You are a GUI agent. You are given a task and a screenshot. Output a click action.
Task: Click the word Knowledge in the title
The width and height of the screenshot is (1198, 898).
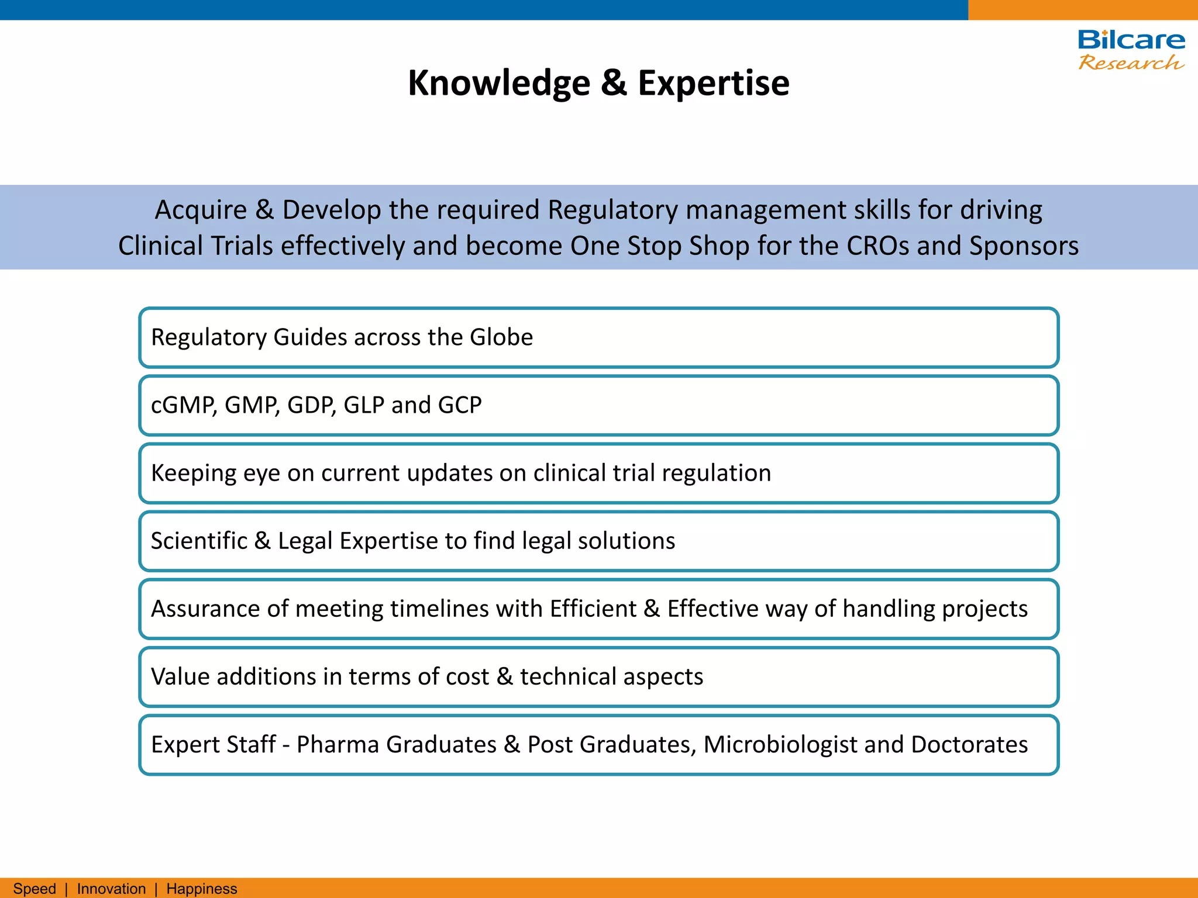click(x=498, y=84)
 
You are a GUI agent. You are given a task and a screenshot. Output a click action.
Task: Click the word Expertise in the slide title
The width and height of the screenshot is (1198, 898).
click(x=713, y=84)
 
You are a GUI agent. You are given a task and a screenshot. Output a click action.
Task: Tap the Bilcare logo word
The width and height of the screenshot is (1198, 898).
click(x=1131, y=40)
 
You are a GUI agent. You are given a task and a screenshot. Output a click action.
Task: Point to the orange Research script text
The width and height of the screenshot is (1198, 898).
click(x=1131, y=62)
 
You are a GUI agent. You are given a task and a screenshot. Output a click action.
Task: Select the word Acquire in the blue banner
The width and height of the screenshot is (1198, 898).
click(x=201, y=210)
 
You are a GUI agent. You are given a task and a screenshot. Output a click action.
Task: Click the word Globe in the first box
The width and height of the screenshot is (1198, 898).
click(x=501, y=337)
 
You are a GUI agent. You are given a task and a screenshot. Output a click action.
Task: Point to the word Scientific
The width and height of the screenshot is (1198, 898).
click(x=199, y=541)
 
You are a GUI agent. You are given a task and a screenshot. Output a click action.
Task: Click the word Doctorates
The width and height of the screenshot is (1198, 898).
click(x=969, y=745)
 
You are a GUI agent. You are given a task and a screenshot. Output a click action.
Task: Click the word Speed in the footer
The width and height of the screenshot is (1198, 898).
click(x=35, y=889)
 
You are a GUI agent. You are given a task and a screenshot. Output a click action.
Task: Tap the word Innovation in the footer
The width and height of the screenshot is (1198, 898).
click(x=111, y=889)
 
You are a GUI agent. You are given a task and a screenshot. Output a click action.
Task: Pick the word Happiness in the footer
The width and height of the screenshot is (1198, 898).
click(x=202, y=889)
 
